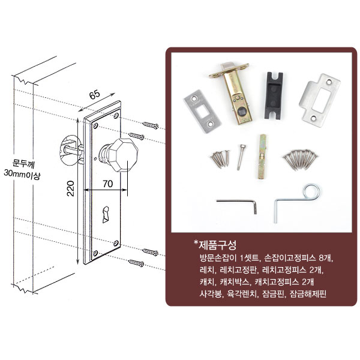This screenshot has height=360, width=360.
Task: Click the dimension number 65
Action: [x=95, y=95]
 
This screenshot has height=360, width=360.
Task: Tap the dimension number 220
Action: [x=70, y=188]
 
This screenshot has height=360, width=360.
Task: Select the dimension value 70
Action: [x=107, y=184]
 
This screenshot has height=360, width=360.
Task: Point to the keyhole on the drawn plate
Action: [x=106, y=215]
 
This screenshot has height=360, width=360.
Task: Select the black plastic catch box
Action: [x=274, y=95]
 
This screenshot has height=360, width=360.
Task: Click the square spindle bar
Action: [x=262, y=157]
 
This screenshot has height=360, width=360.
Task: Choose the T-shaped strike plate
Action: [x=319, y=100]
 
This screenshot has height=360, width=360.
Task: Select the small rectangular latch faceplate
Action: [x=202, y=112]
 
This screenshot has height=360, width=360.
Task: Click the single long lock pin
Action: [x=241, y=157]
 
